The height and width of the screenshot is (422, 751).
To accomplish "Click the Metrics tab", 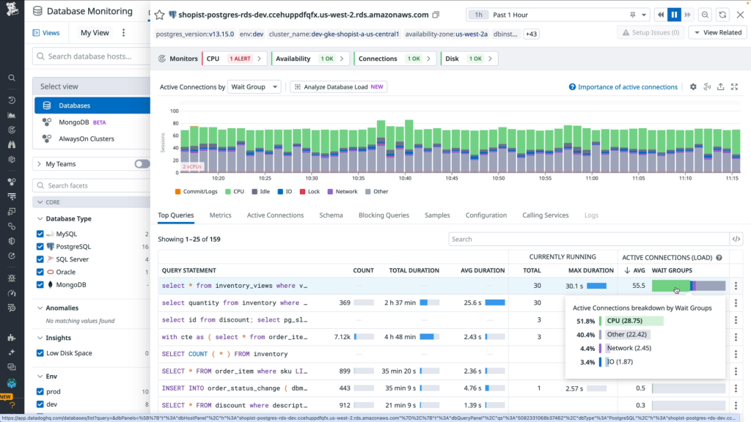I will (220, 215).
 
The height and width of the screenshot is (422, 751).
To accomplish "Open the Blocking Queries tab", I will (384, 215).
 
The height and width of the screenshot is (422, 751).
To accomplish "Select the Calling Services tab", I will (545, 215).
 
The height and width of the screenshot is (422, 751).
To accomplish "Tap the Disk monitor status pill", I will (469, 59).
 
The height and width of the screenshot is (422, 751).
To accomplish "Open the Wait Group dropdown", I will (254, 86).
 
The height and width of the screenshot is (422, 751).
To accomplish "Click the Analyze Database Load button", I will (339, 86).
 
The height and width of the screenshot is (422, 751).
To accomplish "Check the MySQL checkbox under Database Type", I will (41, 234).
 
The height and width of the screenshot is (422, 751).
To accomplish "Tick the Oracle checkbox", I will (41, 272).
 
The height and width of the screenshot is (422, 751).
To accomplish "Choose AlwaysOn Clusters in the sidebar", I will (87, 138).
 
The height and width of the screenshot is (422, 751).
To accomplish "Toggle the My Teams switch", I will (142, 164).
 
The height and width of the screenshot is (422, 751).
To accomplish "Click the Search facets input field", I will (92, 185).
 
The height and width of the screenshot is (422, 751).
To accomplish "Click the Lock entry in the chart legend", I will (313, 192).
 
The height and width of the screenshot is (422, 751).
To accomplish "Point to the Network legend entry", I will (345, 192).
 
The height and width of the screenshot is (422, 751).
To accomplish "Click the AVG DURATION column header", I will (483, 270).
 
